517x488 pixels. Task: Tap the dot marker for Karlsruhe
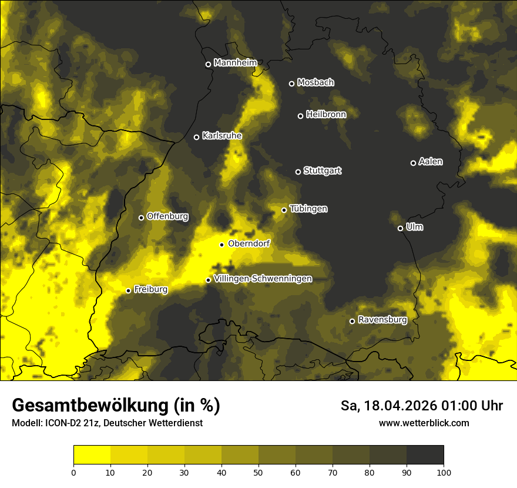tap(196, 137)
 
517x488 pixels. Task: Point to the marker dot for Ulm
tap(400, 228)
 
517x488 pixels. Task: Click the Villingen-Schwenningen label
tap(263, 279)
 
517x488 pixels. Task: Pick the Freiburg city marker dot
tap(128, 290)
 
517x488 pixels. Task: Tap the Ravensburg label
tap(382, 320)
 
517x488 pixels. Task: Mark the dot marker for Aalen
tap(413, 163)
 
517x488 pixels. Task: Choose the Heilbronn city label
tap(326, 115)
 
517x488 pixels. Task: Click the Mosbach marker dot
tap(291, 83)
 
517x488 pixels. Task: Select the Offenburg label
tap(167, 216)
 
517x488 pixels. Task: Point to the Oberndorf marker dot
tap(221, 245)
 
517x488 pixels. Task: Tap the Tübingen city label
tap(308, 209)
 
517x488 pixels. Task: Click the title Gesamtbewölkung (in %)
tap(116, 406)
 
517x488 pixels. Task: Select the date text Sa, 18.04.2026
tap(388, 406)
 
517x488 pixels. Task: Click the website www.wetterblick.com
tap(424, 423)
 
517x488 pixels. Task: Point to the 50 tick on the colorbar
tap(258, 472)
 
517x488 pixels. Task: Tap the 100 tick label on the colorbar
tap(444, 472)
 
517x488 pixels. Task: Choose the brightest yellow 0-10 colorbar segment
tap(92, 454)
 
